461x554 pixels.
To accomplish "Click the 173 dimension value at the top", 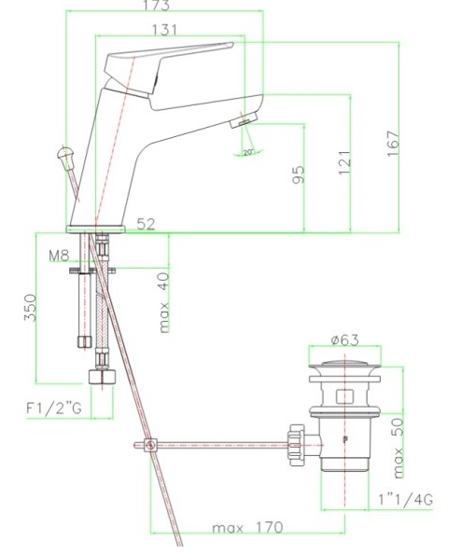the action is click(x=157, y=5).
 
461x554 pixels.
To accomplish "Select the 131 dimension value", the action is click(x=164, y=30).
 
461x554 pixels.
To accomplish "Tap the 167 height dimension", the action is click(x=393, y=144).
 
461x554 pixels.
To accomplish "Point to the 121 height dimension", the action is click(x=344, y=162).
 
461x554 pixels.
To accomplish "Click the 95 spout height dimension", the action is click(x=298, y=174).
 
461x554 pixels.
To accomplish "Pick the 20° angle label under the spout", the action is click(x=248, y=153).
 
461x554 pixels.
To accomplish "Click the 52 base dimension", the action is click(x=146, y=224).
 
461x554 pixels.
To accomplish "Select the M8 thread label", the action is click(x=59, y=256).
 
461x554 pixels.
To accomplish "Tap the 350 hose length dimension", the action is click(x=31, y=308).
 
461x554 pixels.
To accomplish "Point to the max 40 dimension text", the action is click(x=163, y=303).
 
